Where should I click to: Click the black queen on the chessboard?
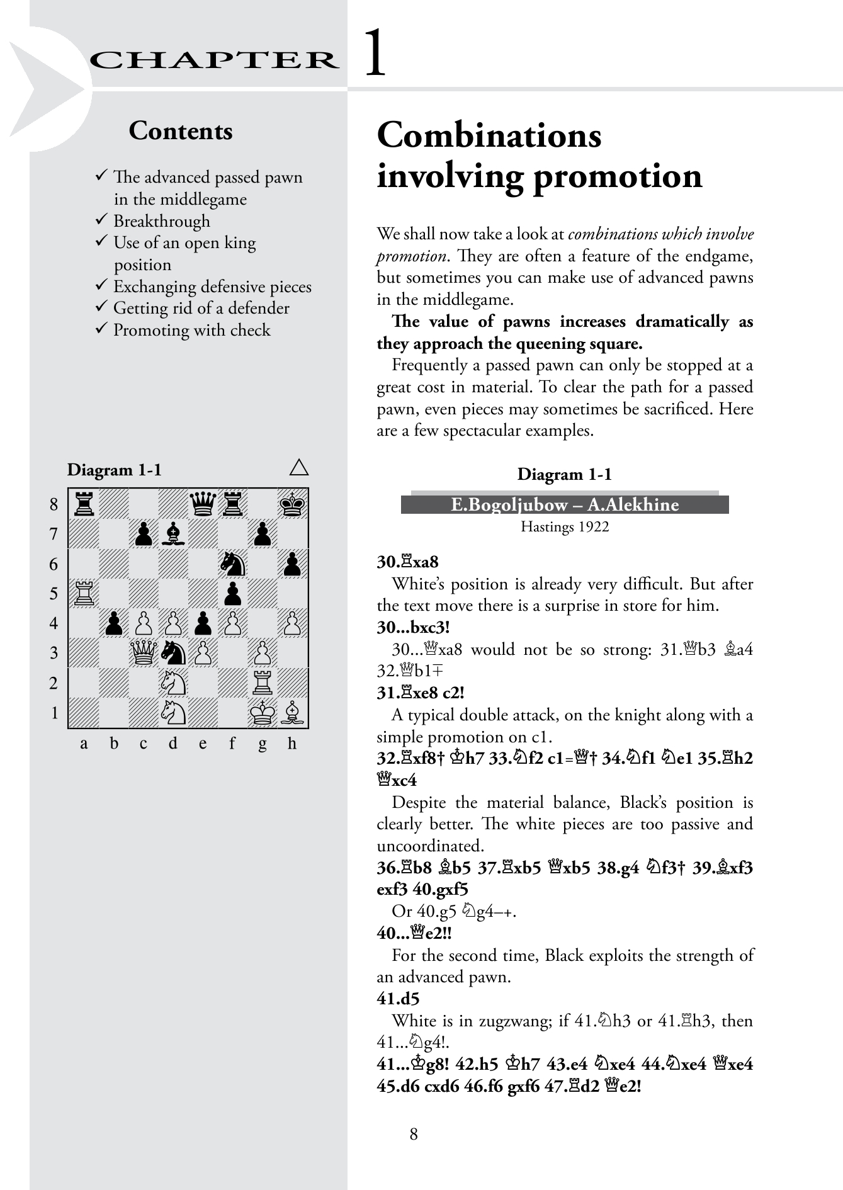(x=203, y=504)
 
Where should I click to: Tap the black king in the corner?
(x=292, y=504)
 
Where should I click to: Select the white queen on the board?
(x=144, y=653)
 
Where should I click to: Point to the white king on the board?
(x=263, y=712)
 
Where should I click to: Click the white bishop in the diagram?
(x=292, y=712)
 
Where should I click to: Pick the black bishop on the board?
(x=173, y=534)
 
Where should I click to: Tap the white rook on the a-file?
(x=84, y=593)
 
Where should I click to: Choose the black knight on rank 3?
(x=173, y=653)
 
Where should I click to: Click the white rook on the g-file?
(x=263, y=683)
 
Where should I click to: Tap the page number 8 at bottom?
(x=414, y=1134)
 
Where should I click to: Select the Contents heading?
(x=181, y=131)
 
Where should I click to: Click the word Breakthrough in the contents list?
(x=162, y=221)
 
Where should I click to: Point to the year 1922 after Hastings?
(x=595, y=526)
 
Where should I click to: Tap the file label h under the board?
(x=292, y=744)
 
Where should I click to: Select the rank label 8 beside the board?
(x=54, y=504)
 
